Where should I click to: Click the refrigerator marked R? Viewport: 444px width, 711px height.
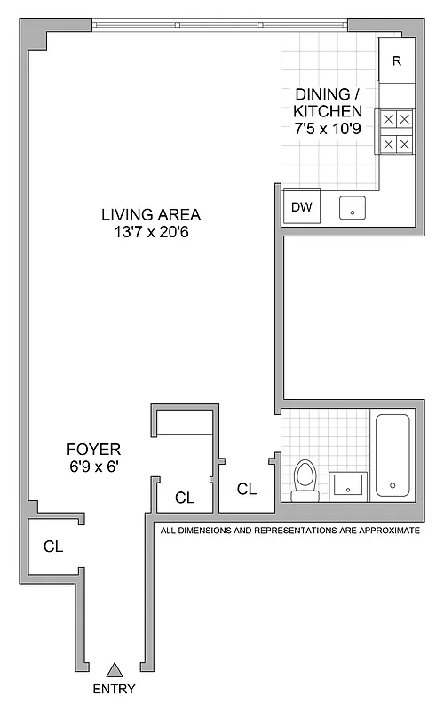(396, 62)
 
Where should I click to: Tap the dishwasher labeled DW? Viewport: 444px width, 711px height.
(302, 207)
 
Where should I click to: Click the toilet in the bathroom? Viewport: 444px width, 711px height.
(305, 480)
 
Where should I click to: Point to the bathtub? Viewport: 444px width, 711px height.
(392, 454)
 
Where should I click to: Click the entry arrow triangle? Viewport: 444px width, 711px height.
(114, 670)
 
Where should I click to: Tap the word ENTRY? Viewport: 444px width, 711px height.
(114, 690)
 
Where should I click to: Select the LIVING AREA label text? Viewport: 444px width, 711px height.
(151, 214)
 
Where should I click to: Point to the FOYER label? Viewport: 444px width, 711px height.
(93, 449)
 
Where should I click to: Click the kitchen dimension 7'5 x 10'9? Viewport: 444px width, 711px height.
(328, 129)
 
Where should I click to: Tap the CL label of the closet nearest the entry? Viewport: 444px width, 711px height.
(53, 547)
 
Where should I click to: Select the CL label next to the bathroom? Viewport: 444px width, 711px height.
(246, 489)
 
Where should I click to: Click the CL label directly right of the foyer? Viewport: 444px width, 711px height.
(185, 499)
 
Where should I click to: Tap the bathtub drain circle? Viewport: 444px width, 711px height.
(392, 486)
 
